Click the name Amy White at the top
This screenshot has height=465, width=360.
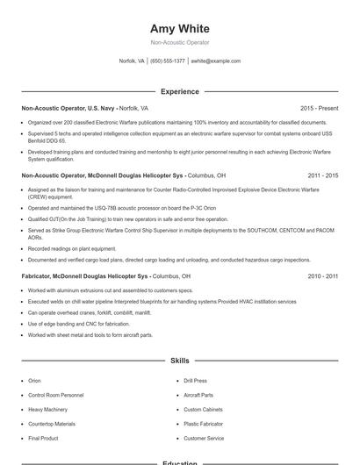click(x=179, y=28)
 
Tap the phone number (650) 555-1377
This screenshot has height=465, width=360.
click(x=168, y=61)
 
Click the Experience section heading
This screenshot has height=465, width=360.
click(x=179, y=91)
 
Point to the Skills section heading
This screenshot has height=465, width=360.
click(x=179, y=361)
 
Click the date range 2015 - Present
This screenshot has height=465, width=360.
click(x=319, y=108)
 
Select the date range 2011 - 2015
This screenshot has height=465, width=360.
click(x=322, y=175)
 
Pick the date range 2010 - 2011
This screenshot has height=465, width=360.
click(x=322, y=276)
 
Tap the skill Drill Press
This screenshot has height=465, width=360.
click(x=195, y=381)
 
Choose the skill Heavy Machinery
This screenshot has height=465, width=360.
click(x=47, y=410)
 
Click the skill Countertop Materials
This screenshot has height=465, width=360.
click(x=53, y=424)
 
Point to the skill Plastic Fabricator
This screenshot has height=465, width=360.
click(x=204, y=424)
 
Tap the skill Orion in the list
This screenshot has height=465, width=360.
click(x=34, y=381)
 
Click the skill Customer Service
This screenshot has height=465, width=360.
click(x=204, y=438)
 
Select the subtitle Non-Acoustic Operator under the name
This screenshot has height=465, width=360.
click(x=179, y=42)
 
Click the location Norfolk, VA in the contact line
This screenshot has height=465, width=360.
click(x=132, y=61)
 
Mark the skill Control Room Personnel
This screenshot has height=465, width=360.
click(x=54, y=396)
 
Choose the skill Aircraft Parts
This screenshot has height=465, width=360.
click(x=198, y=396)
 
